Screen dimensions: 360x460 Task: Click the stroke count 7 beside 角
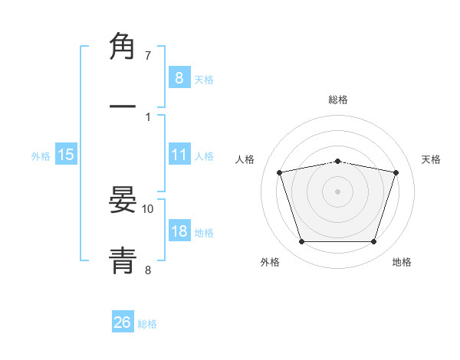click(148, 56)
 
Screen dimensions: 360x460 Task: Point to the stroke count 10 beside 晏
click(148, 208)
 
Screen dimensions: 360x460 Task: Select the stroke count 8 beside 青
click(148, 269)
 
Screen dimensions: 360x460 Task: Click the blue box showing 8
click(179, 78)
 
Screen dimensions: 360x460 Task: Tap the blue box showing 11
click(179, 155)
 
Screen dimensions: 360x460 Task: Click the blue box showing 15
click(66, 155)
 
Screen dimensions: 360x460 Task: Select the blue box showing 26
click(123, 322)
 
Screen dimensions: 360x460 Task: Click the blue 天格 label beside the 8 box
click(204, 79)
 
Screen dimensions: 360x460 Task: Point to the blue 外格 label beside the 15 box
click(41, 155)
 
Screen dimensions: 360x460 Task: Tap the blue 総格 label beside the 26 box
click(147, 324)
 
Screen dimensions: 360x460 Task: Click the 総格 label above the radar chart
click(338, 100)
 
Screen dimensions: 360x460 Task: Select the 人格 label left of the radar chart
click(246, 159)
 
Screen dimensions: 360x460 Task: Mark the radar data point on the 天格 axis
click(396, 172)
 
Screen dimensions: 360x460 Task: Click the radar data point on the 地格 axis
click(373, 241)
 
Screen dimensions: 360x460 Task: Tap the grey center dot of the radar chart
click(337, 191)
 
